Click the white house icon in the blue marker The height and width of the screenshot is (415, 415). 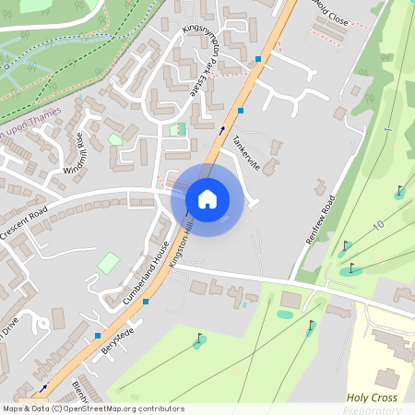[x=207, y=198]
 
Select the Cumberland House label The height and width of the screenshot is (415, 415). [x=145, y=273]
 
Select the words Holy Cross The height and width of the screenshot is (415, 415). [x=372, y=397]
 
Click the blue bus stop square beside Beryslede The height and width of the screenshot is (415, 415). [x=98, y=336]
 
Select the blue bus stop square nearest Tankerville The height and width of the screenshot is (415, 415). [x=241, y=110]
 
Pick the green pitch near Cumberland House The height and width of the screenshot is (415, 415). [x=109, y=263]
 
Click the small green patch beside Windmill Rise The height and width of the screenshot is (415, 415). [x=115, y=139]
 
